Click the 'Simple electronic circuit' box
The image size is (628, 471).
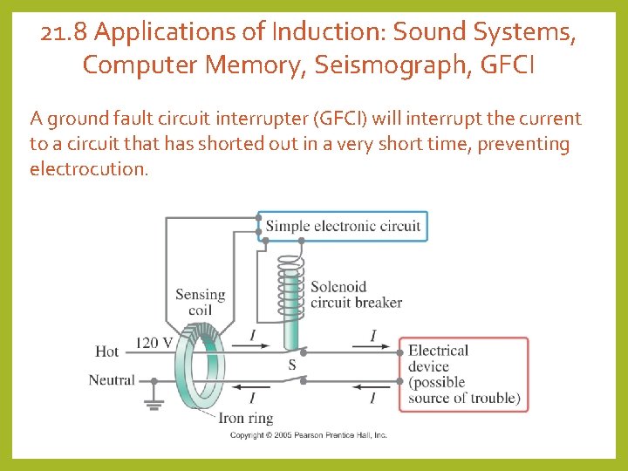click(x=343, y=226)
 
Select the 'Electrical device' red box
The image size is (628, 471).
click(x=463, y=374)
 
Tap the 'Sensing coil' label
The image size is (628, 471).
click(x=200, y=303)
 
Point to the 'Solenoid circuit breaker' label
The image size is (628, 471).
click(x=356, y=295)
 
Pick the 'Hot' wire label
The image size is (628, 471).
click(x=107, y=351)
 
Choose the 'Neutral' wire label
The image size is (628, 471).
click(x=112, y=380)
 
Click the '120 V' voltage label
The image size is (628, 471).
click(x=154, y=342)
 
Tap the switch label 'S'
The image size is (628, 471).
click(x=291, y=365)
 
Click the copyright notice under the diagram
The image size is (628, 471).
click(x=308, y=434)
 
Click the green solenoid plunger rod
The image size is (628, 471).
click(x=289, y=332)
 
